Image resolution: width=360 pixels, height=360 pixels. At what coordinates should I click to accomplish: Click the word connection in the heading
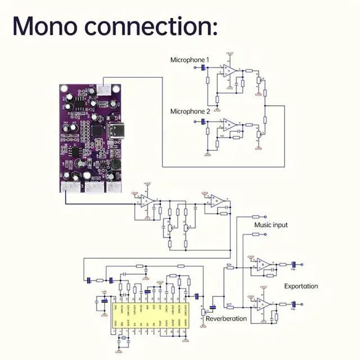click(x=152, y=26)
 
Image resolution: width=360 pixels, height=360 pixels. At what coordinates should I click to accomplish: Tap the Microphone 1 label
click(x=190, y=60)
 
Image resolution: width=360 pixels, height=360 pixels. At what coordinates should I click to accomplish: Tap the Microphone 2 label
click(x=190, y=112)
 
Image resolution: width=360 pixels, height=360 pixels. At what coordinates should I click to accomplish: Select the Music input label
click(x=271, y=225)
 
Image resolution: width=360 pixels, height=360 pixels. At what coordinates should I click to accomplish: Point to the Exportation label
click(x=301, y=286)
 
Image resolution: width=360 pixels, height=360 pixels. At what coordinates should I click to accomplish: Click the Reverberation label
click(x=226, y=318)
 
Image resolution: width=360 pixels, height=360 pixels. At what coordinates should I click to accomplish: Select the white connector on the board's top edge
click(x=104, y=88)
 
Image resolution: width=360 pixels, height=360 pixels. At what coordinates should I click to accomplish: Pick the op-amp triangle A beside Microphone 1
click(x=229, y=71)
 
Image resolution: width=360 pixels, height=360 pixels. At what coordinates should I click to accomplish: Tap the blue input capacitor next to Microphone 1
click(x=203, y=67)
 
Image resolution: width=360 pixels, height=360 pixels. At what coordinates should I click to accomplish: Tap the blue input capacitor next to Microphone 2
click(x=203, y=121)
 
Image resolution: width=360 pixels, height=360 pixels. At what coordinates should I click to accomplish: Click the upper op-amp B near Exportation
click(x=263, y=264)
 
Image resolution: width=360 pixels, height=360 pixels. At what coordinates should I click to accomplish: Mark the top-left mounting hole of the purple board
click(x=63, y=88)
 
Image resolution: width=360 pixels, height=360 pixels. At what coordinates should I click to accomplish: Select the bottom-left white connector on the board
click(x=70, y=188)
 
